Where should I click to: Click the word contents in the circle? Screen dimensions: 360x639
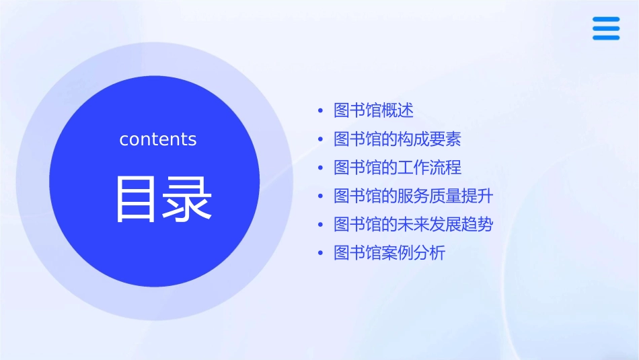click(x=158, y=139)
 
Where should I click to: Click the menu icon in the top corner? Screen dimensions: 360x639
click(x=606, y=29)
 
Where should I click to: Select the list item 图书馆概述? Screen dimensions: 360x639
click(x=373, y=110)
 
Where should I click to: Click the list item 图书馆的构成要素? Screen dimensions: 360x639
click(x=397, y=139)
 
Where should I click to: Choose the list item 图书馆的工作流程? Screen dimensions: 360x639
click(x=397, y=168)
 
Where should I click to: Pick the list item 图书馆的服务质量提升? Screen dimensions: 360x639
click(x=413, y=196)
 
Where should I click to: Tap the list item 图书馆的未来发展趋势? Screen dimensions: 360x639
click(x=413, y=225)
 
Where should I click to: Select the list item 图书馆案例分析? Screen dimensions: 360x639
click(x=389, y=253)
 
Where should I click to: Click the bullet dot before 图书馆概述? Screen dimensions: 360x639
click(x=320, y=110)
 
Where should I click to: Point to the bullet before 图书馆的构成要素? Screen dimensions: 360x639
click(x=320, y=139)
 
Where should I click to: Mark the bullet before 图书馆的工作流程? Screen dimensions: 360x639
click(x=320, y=168)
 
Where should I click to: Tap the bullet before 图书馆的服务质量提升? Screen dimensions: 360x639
click(x=320, y=196)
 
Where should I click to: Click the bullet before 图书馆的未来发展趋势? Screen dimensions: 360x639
click(x=320, y=225)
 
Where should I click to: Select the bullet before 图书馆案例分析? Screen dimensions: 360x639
click(x=320, y=254)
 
